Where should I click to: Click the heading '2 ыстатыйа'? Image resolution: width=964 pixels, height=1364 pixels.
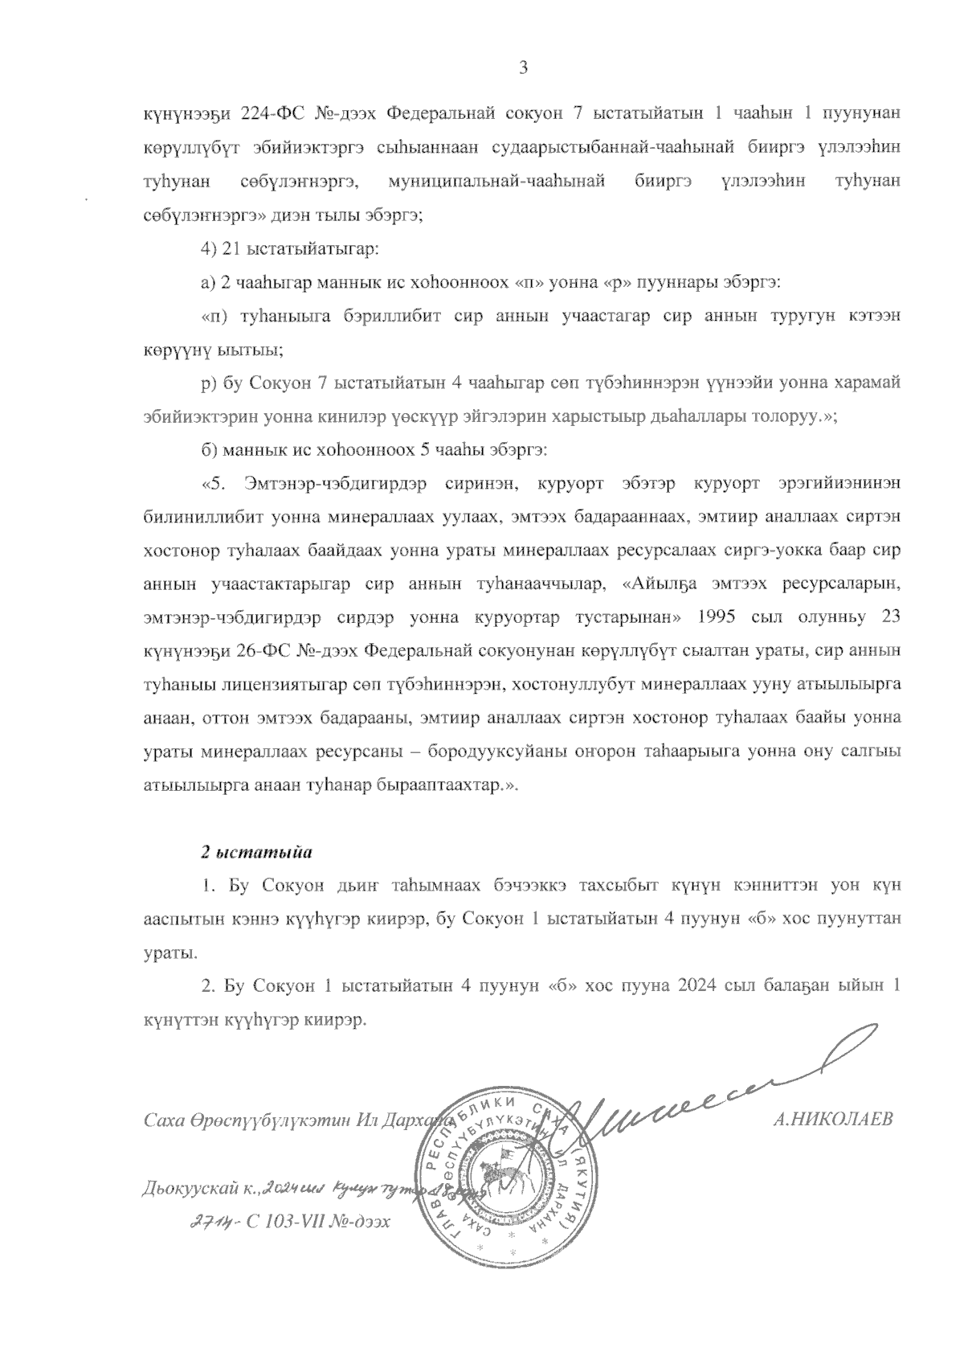[255, 850]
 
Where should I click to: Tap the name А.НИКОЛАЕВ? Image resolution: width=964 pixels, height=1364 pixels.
[831, 1120]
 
